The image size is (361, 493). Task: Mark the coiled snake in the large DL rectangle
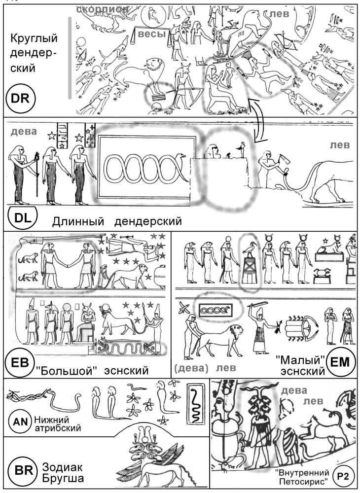(145, 169)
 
